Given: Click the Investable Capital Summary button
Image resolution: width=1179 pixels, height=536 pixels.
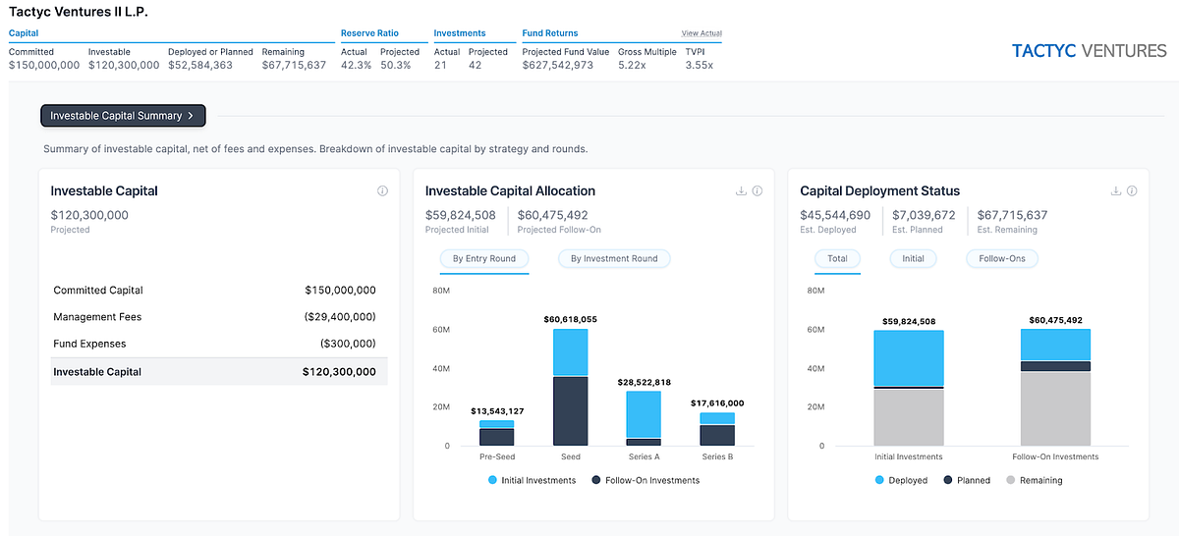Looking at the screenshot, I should pos(123,116).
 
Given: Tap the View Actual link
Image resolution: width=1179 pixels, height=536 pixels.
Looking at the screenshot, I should pos(702,33).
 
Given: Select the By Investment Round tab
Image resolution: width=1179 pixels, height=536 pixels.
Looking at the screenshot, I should pos(615,259).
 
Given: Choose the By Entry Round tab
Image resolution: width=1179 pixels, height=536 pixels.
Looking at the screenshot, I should pos(485,259).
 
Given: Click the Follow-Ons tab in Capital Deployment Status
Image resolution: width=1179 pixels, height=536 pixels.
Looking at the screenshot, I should pos(1002,259).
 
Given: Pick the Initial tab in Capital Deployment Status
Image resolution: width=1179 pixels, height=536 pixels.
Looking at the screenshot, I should pos(914,259).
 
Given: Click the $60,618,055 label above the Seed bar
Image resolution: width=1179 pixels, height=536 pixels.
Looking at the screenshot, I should pos(571,319).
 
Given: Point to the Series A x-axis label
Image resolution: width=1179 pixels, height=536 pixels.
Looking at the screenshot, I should pos(644,456).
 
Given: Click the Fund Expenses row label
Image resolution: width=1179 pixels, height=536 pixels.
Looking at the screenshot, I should pos(89,344).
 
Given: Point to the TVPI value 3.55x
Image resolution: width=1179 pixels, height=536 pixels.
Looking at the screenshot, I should pos(699,66).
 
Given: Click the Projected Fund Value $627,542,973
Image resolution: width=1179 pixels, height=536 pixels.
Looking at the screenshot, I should pos(565,66).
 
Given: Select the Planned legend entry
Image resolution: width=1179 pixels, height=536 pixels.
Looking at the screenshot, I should pos(967,480).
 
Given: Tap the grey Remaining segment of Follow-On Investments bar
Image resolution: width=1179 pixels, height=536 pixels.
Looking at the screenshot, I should pos(1055,407).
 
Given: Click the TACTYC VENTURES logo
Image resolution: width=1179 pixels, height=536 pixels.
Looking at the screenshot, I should pos(1089,51).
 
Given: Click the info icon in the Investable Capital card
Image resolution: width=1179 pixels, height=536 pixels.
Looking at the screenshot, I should pos(382,191).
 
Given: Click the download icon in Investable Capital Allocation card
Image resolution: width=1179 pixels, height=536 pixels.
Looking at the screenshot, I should pos(741,191).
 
